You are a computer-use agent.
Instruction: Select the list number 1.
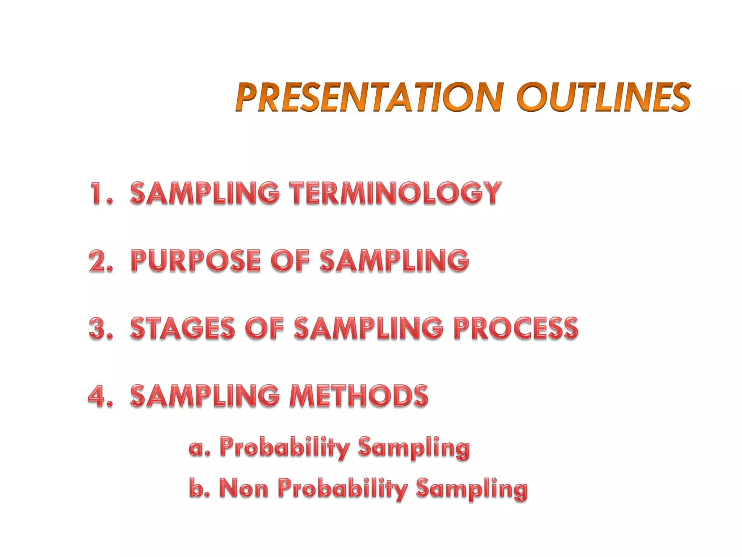pos(97,193)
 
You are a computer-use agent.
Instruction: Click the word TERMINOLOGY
pos(395,193)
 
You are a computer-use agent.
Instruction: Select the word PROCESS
pos(516,328)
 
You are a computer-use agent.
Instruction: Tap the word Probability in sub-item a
pos(285,448)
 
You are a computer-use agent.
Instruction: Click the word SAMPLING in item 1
pos(205,193)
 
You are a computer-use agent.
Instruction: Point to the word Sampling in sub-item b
pos(472,489)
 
